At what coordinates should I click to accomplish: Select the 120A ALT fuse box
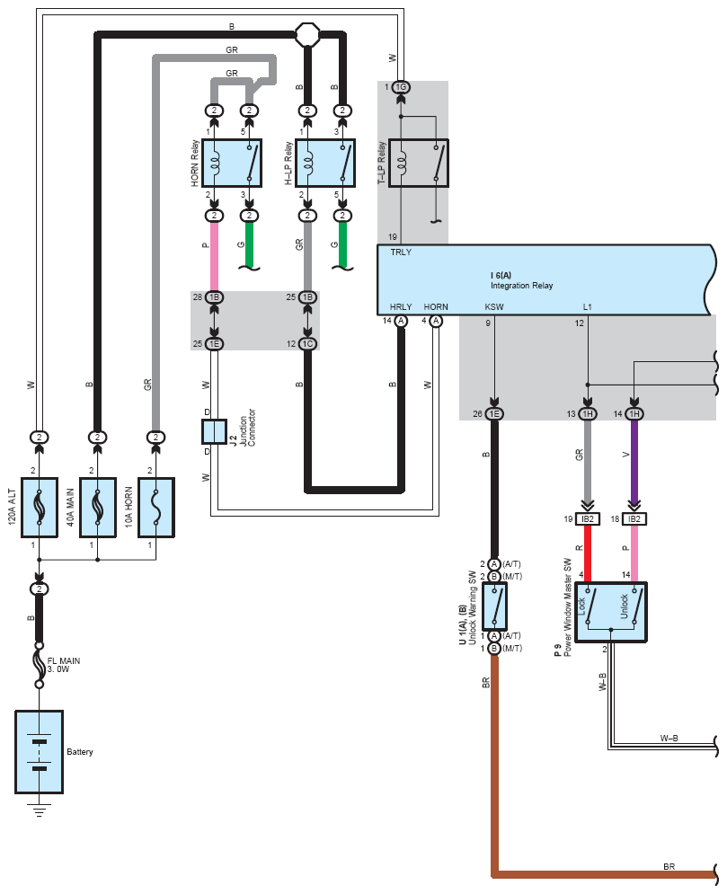(40, 508)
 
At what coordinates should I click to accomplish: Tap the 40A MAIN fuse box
(97, 508)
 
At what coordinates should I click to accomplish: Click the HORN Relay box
(232, 163)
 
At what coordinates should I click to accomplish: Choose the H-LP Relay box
(324, 163)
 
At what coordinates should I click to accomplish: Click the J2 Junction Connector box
(214, 431)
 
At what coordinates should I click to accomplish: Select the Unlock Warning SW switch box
(495, 606)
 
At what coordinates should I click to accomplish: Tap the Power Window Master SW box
(611, 611)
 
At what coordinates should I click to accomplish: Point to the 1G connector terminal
(401, 87)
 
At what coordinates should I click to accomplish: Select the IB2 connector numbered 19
(588, 519)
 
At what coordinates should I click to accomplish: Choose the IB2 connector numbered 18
(634, 519)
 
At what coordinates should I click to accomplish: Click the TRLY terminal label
(401, 252)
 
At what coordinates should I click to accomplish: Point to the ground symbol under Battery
(39, 811)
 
